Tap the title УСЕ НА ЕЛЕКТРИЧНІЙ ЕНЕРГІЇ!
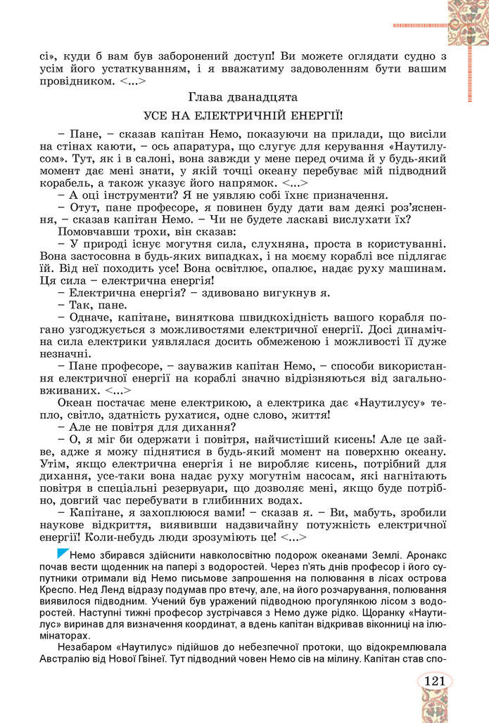click(244, 115)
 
